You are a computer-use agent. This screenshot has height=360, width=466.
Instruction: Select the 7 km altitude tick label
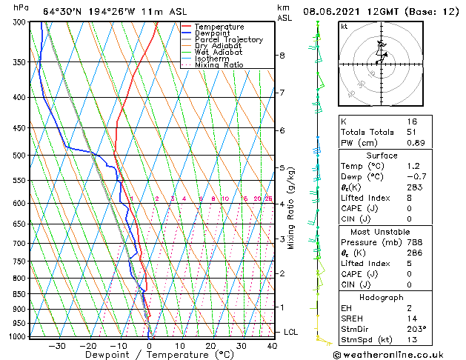[282, 93]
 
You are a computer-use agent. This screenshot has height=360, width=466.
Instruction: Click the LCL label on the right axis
[290, 332]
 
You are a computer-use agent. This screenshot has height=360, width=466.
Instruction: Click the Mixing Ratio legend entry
[219, 64]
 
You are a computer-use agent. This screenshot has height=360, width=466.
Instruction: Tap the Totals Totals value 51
[412, 132]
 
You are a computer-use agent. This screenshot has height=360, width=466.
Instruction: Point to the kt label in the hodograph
[344, 26]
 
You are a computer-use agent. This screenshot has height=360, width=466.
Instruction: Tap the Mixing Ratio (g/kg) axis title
[292, 208]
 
